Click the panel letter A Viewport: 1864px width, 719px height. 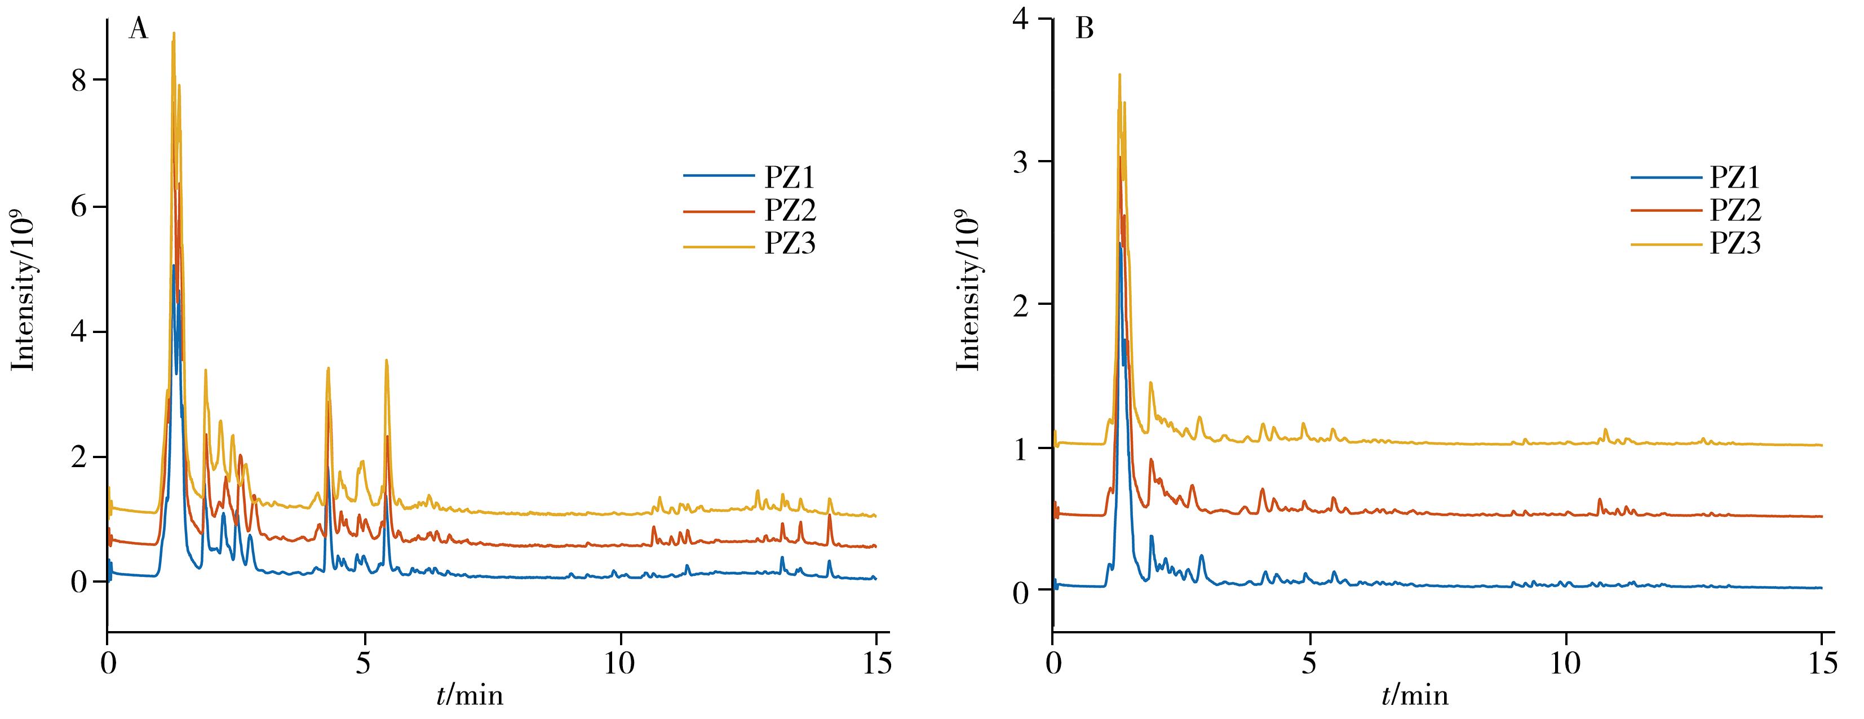tap(138, 30)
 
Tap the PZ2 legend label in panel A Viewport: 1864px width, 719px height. tap(790, 211)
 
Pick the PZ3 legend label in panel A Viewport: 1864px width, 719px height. tap(790, 244)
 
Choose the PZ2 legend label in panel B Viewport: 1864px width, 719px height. tap(1735, 211)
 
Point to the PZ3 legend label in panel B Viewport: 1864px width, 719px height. tap(1735, 244)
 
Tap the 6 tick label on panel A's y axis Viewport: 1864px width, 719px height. tap(79, 207)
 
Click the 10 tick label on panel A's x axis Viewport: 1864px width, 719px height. tap(620, 664)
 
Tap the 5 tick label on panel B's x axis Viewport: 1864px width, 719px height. tap(1309, 664)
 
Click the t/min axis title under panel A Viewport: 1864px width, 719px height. tap(470, 696)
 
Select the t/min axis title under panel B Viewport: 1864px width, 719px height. tap(1415, 696)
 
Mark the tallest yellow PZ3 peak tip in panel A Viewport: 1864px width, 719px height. tap(174, 33)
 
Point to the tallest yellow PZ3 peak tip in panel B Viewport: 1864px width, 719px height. tap(1119, 74)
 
